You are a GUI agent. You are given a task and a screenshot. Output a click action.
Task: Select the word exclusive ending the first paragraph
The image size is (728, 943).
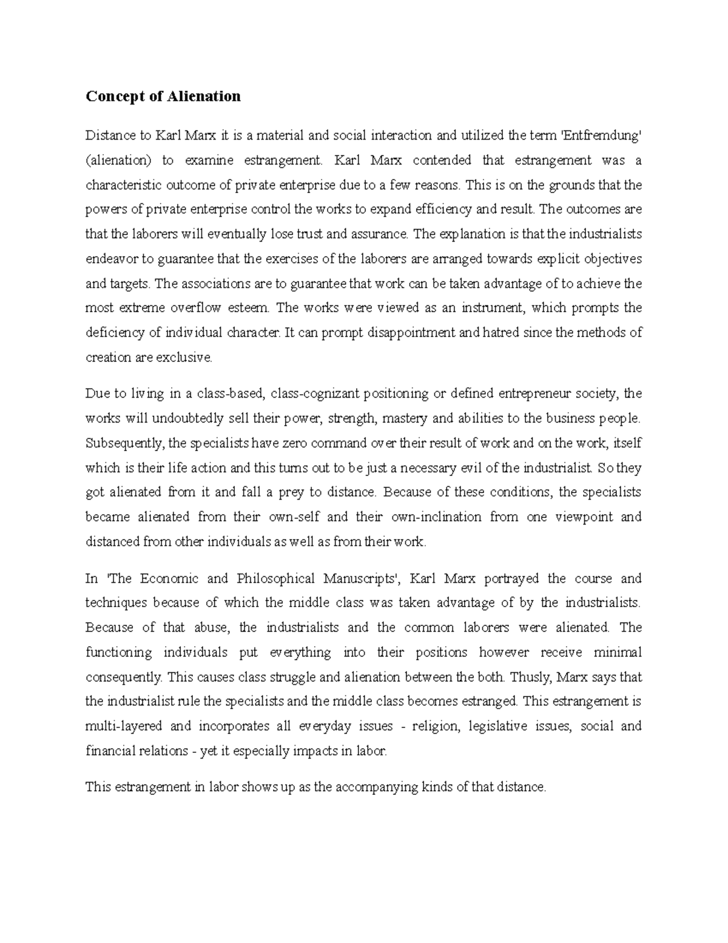tap(184, 358)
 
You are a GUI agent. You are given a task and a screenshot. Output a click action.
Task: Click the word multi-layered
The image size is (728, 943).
tap(124, 726)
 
